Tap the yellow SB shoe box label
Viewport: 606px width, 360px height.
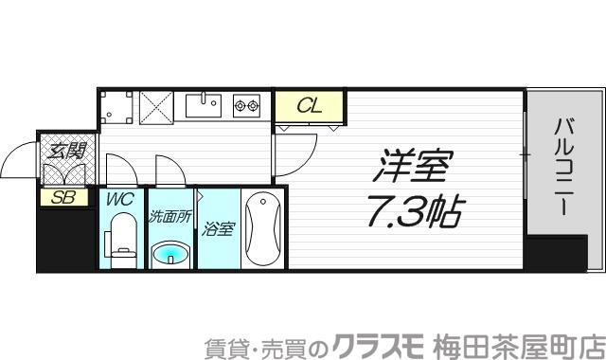(64, 198)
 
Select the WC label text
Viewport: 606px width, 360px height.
(119, 199)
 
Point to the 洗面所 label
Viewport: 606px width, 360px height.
(170, 215)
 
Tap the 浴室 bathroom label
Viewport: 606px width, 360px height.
(219, 228)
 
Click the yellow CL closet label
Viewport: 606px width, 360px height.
(309, 106)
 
